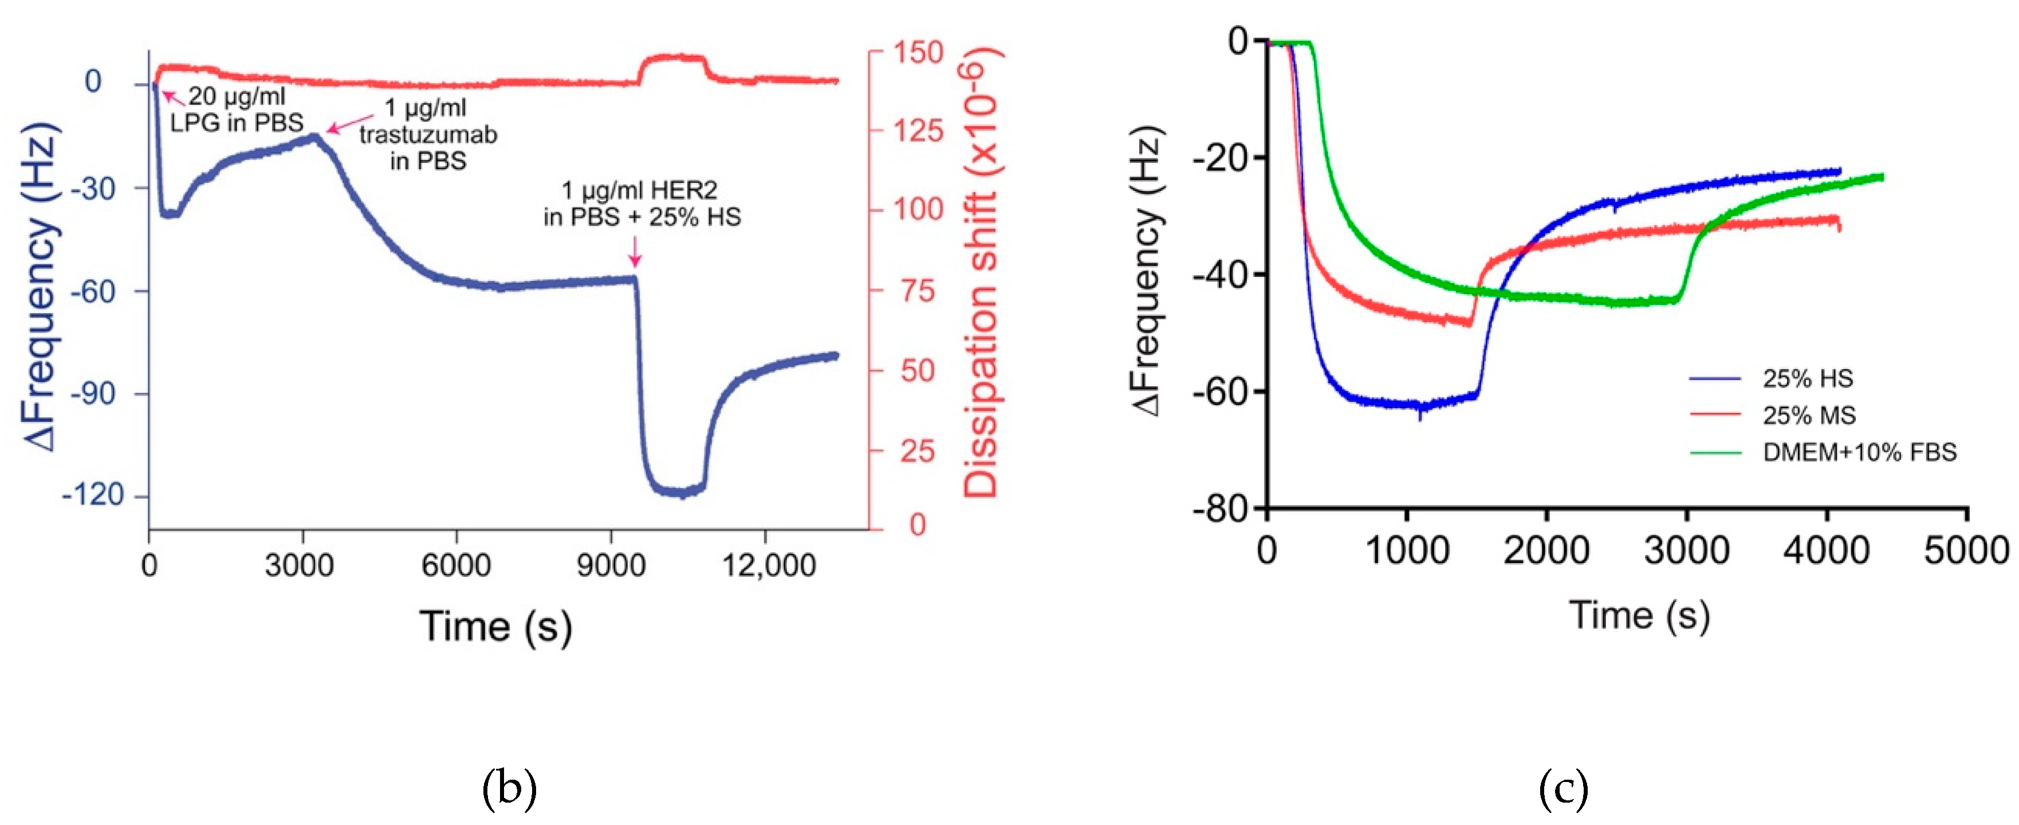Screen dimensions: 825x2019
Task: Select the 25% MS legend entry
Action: coord(1808,415)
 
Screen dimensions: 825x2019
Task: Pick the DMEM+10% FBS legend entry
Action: coord(1859,452)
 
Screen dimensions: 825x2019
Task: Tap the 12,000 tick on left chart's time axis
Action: coord(768,565)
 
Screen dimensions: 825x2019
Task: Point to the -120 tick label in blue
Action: coord(93,495)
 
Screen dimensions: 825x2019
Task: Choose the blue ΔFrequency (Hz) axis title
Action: coord(41,287)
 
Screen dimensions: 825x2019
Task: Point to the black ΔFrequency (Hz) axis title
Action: coord(1146,271)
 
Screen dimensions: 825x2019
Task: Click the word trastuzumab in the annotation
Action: coord(428,135)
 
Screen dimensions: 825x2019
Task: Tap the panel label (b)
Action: coord(509,788)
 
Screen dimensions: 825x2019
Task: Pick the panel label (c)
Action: coord(1564,788)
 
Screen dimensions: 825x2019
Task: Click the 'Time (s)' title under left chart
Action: coord(495,627)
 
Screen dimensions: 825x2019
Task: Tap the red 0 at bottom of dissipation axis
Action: coord(918,525)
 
